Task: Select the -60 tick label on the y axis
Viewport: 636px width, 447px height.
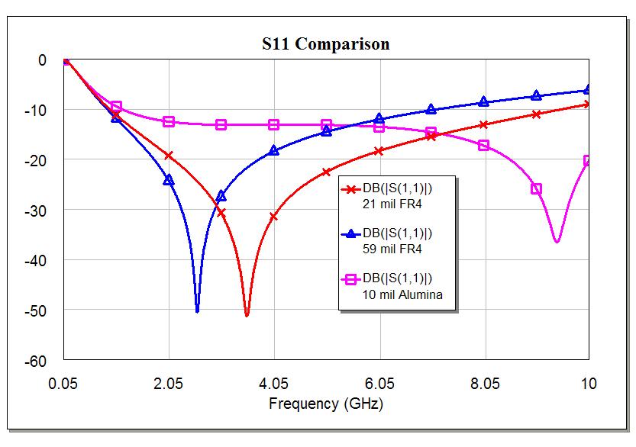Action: tap(37, 360)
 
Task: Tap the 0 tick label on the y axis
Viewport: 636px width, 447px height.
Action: tap(43, 60)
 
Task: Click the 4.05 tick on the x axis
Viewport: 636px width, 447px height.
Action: tap(274, 382)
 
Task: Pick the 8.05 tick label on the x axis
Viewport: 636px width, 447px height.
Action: tap(484, 382)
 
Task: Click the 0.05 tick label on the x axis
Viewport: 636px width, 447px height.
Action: tap(63, 382)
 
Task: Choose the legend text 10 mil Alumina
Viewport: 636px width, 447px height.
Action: tap(402, 294)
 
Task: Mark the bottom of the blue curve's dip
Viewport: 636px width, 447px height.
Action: tap(197, 310)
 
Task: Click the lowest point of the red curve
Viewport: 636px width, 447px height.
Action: tap(247, 314)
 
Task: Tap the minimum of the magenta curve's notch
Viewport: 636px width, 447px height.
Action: tap(557, 242)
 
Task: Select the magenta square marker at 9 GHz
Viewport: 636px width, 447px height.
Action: tap(536, 188)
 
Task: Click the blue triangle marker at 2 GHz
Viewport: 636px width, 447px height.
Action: tap(169, 180)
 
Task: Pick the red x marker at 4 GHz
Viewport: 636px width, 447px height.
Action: tap(273, 217)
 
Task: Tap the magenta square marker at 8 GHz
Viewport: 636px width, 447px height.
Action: tap(483, 145)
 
